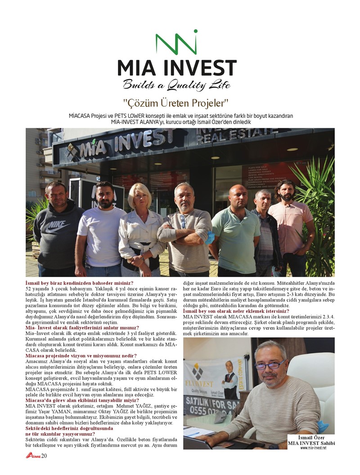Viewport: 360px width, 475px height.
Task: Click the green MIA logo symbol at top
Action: (x=176, y=42)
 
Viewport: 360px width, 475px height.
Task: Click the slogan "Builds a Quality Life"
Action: (x=176, y=84)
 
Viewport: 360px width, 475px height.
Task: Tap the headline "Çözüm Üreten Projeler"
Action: (x=176, y=103)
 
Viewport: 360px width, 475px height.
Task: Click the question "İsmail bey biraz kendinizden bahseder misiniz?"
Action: (x=77, y=282)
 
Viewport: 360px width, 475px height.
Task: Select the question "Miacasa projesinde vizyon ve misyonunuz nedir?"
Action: (x=81, y=356)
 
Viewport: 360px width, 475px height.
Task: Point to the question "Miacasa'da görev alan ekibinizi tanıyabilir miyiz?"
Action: (x=82, y=400)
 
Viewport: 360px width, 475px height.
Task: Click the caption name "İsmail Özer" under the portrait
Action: (x=311, y=437)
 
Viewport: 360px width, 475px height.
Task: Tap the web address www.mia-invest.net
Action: (x=313, y=447)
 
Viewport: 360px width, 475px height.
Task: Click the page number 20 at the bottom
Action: (x=44, y=457)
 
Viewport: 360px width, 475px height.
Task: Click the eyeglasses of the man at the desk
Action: (x=270, y=365)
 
